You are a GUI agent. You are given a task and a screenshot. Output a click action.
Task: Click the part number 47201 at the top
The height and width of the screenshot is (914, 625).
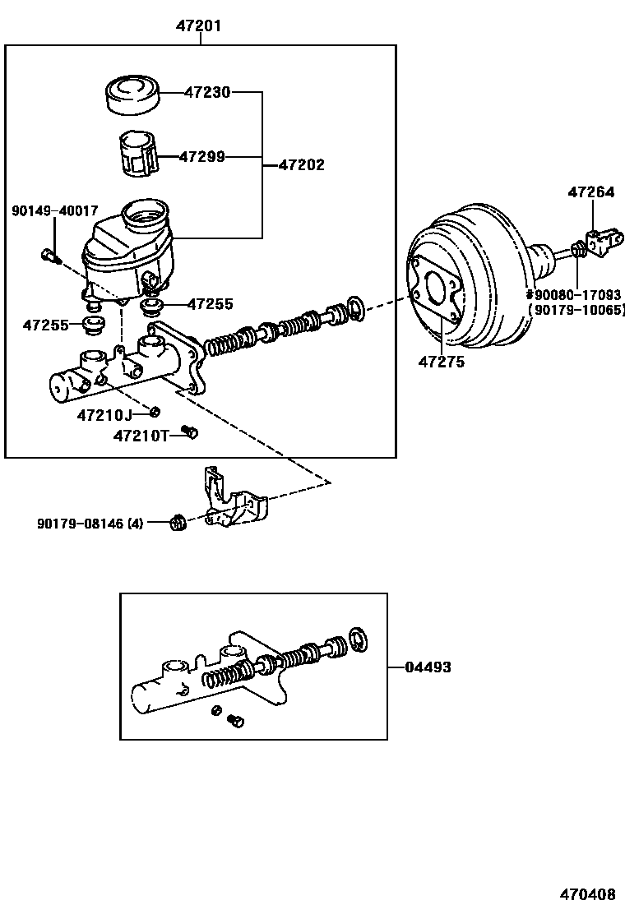[199, 26]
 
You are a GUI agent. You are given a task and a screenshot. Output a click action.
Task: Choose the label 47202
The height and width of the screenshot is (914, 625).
[301, 164]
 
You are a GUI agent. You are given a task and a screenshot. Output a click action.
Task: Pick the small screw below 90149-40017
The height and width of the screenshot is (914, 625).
[49, 256]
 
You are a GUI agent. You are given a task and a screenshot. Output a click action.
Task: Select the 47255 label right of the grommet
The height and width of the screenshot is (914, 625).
[210, 304]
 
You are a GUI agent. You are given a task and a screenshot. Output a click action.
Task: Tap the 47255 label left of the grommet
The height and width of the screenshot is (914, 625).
[46, 325]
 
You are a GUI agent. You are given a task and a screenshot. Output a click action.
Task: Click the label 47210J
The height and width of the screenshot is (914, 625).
[104, 414]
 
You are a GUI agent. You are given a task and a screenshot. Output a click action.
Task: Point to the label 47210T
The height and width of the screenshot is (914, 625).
[141, 436]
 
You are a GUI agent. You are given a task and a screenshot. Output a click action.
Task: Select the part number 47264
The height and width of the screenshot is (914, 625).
[590, 192]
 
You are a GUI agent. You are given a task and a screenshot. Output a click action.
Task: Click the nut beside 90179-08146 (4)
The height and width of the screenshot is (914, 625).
[177, 521]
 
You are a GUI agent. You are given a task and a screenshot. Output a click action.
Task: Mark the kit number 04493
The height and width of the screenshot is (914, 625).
[428, 667]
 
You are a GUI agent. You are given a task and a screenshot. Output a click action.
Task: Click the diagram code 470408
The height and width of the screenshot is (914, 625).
[588, 893]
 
